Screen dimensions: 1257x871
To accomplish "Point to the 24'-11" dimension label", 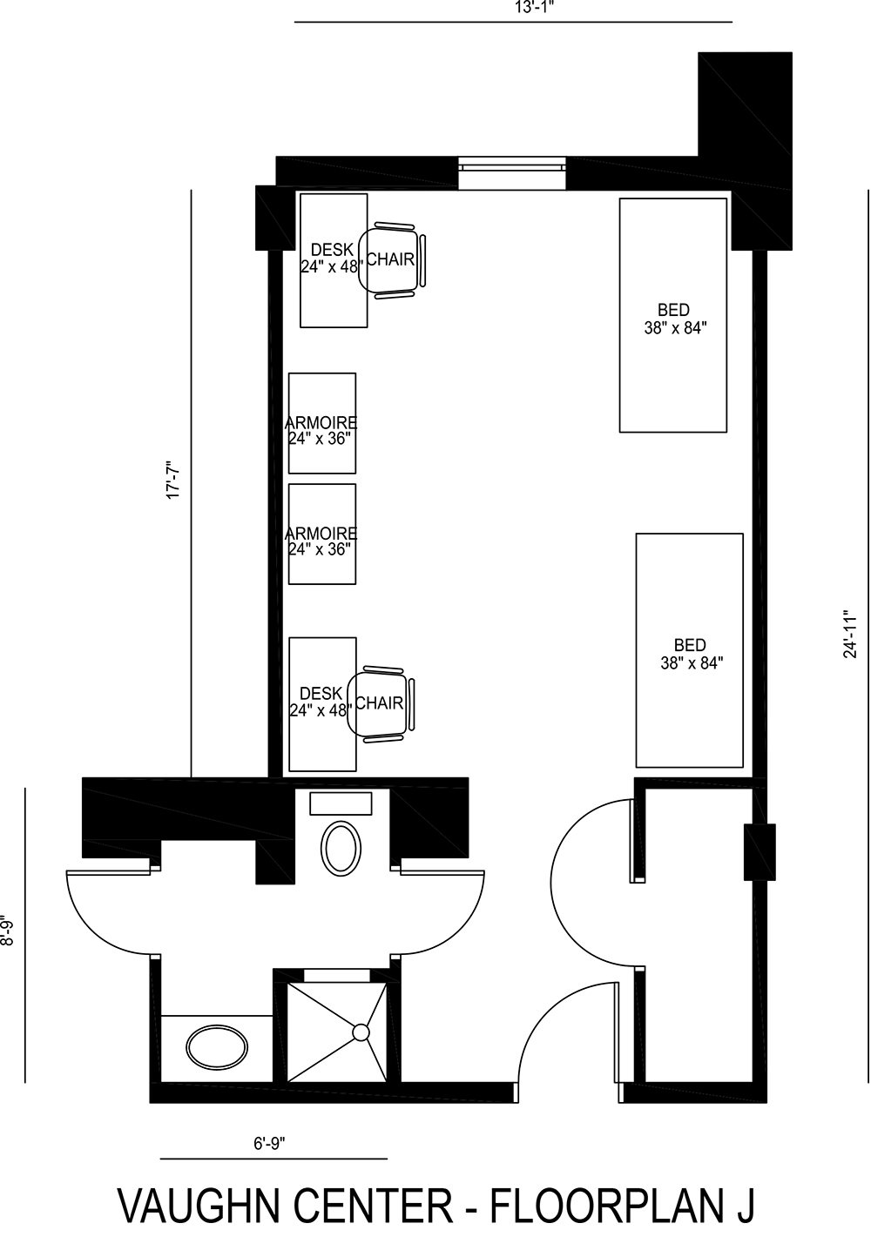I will (x=851, y=633).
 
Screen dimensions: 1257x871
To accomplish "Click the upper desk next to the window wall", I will (x=333, y=260).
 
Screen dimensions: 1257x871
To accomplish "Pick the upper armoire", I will (x=322, y=423).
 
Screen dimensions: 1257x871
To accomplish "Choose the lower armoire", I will (x=322, y=534).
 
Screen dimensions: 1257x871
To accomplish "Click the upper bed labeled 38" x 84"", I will (x=672, y=315).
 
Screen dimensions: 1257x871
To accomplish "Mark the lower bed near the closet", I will (x=689, y=650).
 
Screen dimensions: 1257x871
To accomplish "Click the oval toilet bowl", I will (x=341, y=849).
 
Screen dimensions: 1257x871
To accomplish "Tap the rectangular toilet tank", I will (x=341, y=803).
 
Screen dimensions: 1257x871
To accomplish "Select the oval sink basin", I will (x=216, y=1045).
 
